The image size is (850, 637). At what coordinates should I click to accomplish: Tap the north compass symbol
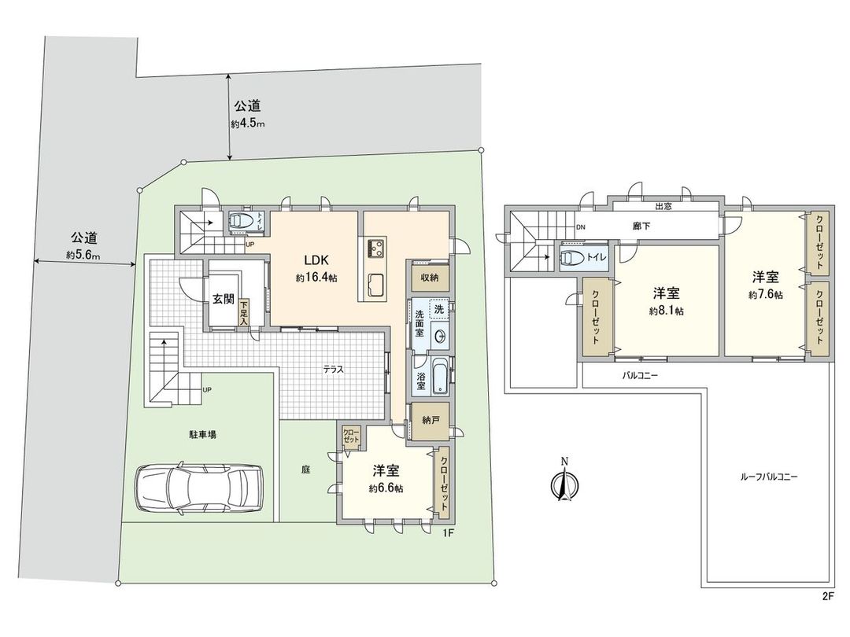point(563,481)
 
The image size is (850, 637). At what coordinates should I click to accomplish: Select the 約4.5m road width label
point(248,124)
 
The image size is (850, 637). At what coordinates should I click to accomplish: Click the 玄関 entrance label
point(224,299)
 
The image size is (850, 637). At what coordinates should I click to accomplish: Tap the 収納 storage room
point(429,278)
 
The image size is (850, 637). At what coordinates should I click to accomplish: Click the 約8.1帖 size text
point(666,311)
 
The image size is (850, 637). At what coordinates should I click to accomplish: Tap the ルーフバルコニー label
point(769,477)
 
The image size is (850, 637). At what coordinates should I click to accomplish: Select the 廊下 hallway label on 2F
point(641,226)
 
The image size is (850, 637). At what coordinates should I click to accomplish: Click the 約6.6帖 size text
point(386,488)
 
